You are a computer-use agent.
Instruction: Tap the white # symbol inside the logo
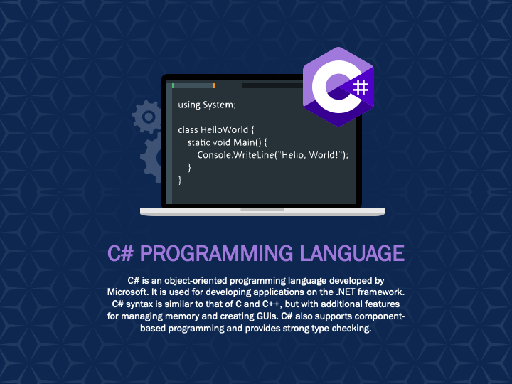click(x=361, y=87)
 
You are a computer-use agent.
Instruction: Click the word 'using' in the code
click(x=189, y=105)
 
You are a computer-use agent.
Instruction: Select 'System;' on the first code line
click(x=219, y=105)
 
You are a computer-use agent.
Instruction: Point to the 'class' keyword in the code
click(x=187, y=130)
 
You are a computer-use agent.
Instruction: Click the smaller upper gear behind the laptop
click(x=147, y=116)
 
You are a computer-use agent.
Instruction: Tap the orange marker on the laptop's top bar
click(x=213, y=85)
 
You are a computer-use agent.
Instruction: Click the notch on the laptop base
click(x=262, y=210)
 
